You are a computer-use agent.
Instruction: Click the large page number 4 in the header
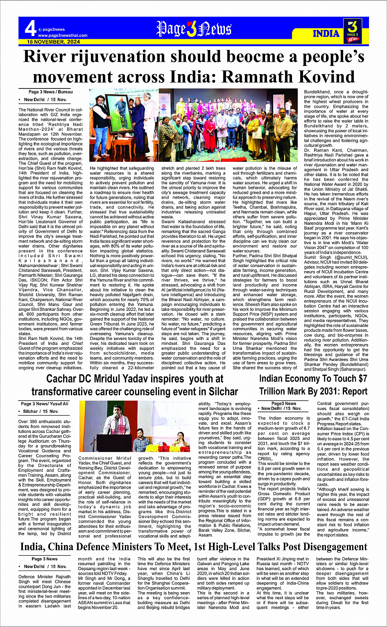tap(30, 29)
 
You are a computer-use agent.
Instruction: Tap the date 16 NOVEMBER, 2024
tap(54, 42)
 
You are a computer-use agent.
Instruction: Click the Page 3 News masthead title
tap(194, 29)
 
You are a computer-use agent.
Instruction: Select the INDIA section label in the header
tap(326, 33)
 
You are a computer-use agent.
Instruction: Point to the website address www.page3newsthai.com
tap(63, 36)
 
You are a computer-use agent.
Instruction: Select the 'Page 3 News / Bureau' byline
tap(50, 92)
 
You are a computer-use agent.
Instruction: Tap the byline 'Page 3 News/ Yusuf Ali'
tap(45, 404)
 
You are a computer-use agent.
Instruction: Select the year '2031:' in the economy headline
tap(318, 391)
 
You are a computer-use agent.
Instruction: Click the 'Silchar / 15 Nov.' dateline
tap(41, 411)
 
